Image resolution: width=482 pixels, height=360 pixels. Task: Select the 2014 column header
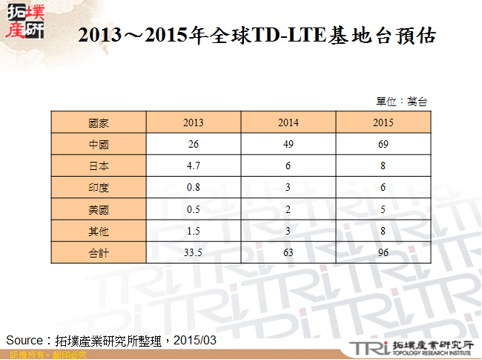pyautogui.click(x=288, y=122)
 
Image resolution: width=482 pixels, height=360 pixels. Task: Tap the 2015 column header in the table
pyautogui.click(x=383, y=122)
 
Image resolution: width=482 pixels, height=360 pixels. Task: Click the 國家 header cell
pyautogui.click(x=99, y=122)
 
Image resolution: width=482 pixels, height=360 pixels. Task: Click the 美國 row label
pyautogui.click(x=99, y=209)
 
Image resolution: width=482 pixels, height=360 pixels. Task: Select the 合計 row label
pyautogui.click(x=99, y=253)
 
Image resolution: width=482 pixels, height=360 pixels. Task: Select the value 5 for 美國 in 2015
pyautogui.click(x=383, y=209)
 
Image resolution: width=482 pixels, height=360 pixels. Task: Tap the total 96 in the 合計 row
pyautogui.click(x=383, y=253)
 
